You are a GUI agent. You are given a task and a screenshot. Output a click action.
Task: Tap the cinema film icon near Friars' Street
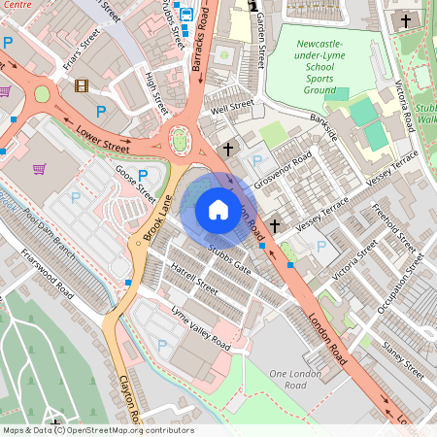pyautogui.click(x=81, y=86)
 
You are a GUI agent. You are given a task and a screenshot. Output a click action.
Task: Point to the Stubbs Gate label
pyautogui.click(x=229, y=259)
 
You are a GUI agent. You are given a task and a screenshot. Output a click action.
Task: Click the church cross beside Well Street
pyautogui.click(x=227, y=150)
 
